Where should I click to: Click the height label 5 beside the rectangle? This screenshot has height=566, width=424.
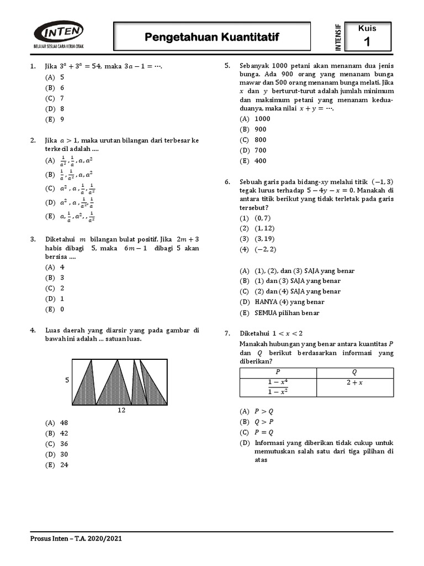[x=67, y=380]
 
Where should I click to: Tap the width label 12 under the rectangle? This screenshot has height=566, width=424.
[x=121, y=411]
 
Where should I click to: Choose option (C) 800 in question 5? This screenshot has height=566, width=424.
[x=253, y=140]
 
